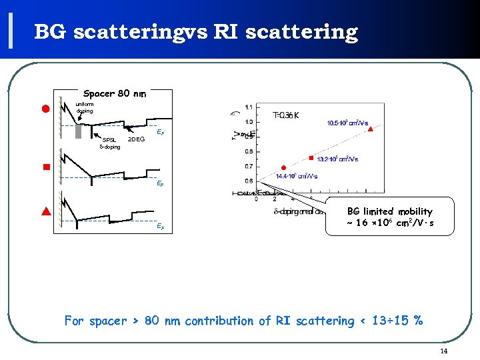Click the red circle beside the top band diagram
pyautogui.click(x=47, y=109)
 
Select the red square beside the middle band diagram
pyautogui.click(x=47, y=167)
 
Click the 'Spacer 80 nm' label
pyautogui.click(x=115, y=94)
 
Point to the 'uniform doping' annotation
pyautogui.click(x=85, y=107)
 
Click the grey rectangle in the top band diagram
pyautogui.click(x=79, y=131)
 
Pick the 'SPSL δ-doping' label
pyautogui.click(x=109, y=143)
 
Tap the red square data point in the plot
pyautogui.click(x=311, y=158)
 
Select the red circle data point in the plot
pyautogui.click(x=283, y=167)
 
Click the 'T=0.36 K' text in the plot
pyautogui.click(x=286, y=115)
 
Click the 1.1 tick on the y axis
pyautogui.click(x=248, y=107)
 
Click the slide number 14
pyautogui.click(x=443, y=351)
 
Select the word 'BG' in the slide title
pyautogui.click(x=51, y=31)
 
